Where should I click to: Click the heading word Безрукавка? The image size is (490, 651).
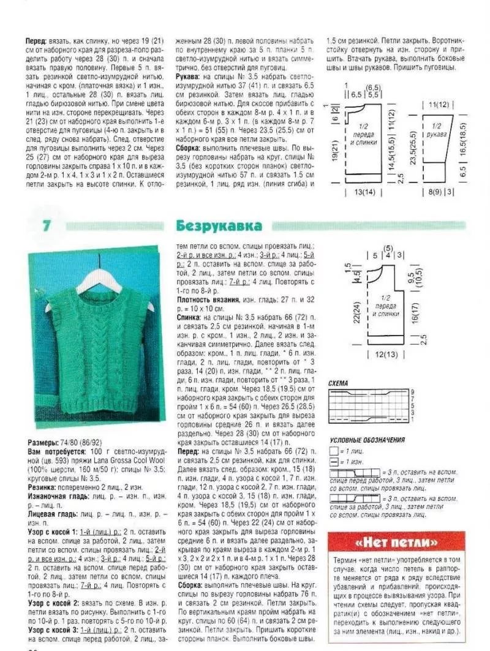pyautogui.click(x=219, y=225)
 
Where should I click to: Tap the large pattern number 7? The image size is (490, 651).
pyautogui.click(x=46, y=225)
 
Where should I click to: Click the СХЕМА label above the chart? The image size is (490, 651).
pyautogui.click(x=338, y=383)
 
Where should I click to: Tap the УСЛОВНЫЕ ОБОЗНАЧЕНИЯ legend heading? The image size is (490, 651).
pyautogui.click(x=367, y=440)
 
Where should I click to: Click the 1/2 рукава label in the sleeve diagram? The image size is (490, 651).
pyautogui.click(x=437, y=130)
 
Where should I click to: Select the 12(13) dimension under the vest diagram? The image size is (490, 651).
pyautogui.click(x=384, y=355)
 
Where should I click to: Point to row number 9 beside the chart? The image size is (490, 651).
pyautogui.click(x=413, y=391)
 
